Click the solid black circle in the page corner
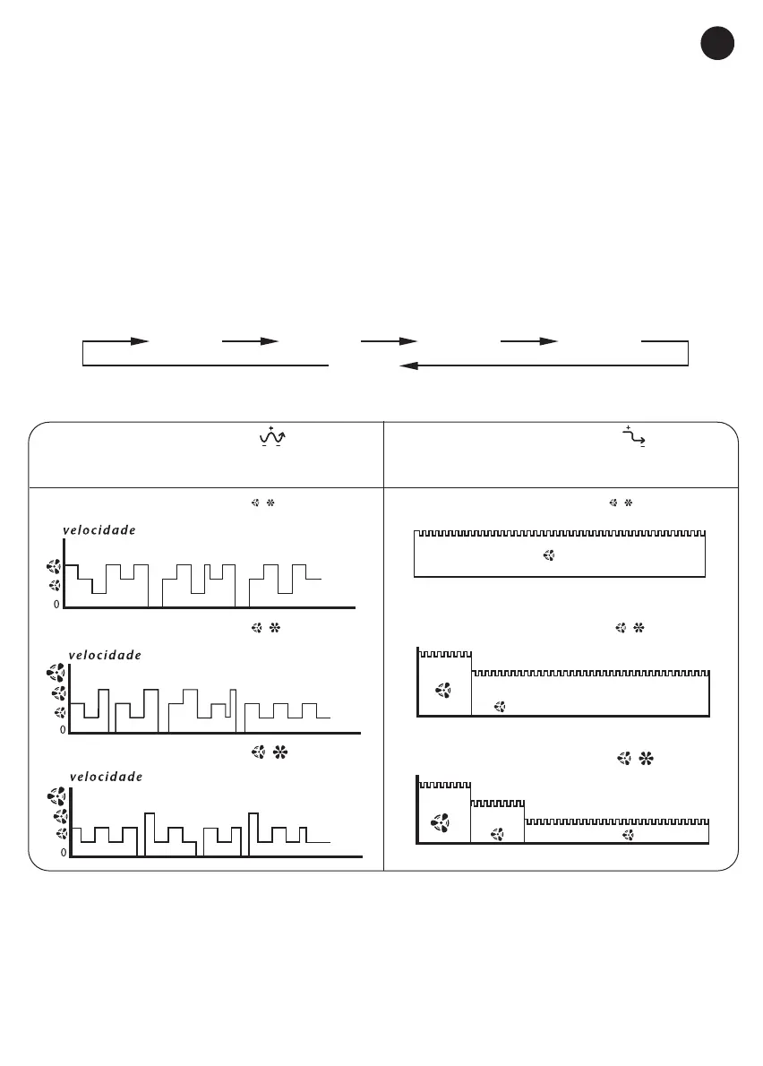[717, 44]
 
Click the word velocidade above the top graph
[99, 530]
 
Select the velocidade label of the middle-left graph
[105, 655]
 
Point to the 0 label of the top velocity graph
[56, 605]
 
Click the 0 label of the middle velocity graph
[63, 730]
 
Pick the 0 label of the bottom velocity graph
[63, 853]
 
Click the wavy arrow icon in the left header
[270, 436]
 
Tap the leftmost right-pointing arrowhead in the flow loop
[139, 341]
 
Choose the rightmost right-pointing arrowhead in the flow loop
[548, 341]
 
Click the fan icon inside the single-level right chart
[549, 556]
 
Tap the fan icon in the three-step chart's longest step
[629, 834]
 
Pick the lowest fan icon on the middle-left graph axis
[61, 712]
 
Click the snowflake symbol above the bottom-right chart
[646, 760]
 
